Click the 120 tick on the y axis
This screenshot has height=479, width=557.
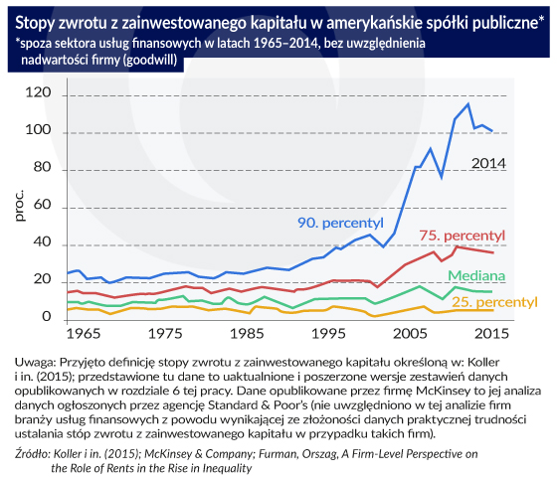(x=38, y=92)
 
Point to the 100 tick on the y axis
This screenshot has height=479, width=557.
(x=38, y=130)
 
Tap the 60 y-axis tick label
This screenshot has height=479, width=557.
(x=42, y=205)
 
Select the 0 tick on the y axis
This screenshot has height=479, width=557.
(x=47, y=316)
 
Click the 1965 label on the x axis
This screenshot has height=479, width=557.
(x=84, y=334)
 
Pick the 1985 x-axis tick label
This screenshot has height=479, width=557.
(x=247, y=334)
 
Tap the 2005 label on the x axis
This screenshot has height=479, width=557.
(x=410, y=334)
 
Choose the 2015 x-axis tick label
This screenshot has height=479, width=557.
(x=491, y=334)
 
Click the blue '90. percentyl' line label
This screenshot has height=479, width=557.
(x=340, y=223)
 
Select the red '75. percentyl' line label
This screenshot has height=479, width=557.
(x=462, y=236)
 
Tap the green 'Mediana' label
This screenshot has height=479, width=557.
(x=476, y=275)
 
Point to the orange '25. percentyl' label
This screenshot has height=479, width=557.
(x=494, y=302)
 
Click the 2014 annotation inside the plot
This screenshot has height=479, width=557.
(x=488, y=163)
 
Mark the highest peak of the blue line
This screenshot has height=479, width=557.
(x=467, y=103)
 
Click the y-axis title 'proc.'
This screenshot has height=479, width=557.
(x=20, y=206)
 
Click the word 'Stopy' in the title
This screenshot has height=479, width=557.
(x=34, y=24)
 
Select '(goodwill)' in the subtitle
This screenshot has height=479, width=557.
(x=149, y=60)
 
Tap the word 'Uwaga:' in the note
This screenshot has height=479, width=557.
(x=35, y=363)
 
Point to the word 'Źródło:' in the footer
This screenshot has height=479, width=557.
(x=33, y=454)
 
